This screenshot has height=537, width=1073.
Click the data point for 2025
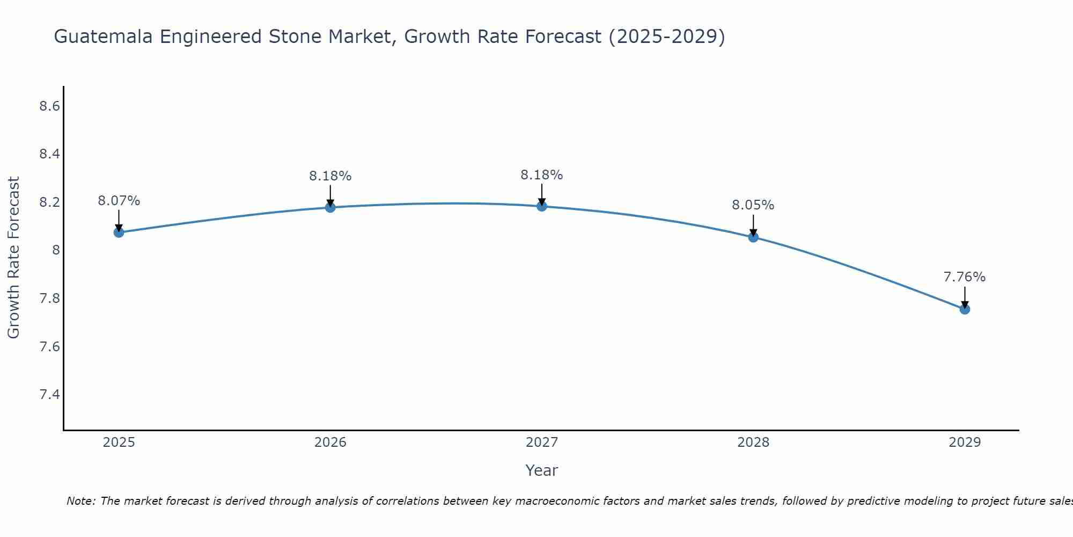point(119,233)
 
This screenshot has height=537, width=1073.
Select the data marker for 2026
point(330,207)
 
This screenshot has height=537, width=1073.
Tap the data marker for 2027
point(542,206)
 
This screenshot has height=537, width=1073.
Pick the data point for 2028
point(753,237)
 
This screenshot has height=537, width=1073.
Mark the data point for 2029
point(965,309)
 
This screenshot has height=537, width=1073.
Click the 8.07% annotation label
point(119,201)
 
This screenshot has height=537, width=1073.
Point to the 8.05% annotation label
point(753,205)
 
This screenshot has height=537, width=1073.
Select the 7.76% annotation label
point(965,277)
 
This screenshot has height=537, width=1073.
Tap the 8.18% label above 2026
point(330,176)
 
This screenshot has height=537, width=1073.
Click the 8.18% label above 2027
point(542,175)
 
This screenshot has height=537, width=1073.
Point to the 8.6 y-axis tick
point(49,106)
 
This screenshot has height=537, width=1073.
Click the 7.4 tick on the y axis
point(49,395)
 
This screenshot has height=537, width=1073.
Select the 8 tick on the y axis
point(55,250)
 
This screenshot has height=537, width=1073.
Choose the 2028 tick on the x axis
point(753,442)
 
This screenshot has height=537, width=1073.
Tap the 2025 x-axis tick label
point(119,442)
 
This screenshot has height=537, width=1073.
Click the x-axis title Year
point(542,470)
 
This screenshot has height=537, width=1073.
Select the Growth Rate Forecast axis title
point(13,258)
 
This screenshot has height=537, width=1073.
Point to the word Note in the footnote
point(80,501)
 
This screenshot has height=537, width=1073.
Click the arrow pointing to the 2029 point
point(965,297)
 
